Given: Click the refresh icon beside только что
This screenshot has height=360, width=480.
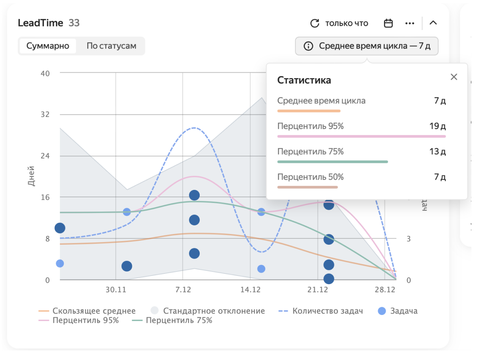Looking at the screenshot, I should coord(315,23).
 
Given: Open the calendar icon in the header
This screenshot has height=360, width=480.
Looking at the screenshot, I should coord(388,23).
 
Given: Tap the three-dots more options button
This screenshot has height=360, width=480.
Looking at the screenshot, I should coord(410,23).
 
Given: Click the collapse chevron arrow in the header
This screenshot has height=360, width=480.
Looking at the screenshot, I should coord(433,23).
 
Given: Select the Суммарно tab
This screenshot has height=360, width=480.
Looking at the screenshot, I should coord(48,46).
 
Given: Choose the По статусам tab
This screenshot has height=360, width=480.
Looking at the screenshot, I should coord(111,46).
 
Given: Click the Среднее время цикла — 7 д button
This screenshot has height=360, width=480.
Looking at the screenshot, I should coord(367,46).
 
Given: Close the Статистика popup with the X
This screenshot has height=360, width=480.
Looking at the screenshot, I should coord(454,77).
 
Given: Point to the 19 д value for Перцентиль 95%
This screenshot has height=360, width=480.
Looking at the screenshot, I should coord(437,126).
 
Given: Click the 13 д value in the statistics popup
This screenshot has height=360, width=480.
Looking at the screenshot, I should coord(437,152).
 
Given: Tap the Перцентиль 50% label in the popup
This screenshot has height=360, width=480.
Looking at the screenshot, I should coord(310,177).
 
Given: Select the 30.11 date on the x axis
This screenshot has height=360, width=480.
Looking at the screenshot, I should coord(116,290).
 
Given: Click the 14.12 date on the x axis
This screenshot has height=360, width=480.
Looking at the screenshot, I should coord(250,290).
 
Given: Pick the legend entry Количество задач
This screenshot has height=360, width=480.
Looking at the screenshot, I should coord(327,311).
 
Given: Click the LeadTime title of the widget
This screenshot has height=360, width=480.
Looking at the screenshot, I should coord(40,23).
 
